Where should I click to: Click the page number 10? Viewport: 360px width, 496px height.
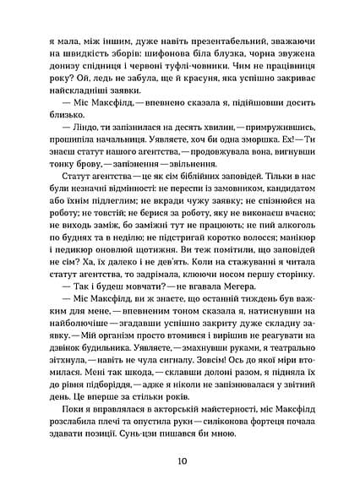point(181,461)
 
